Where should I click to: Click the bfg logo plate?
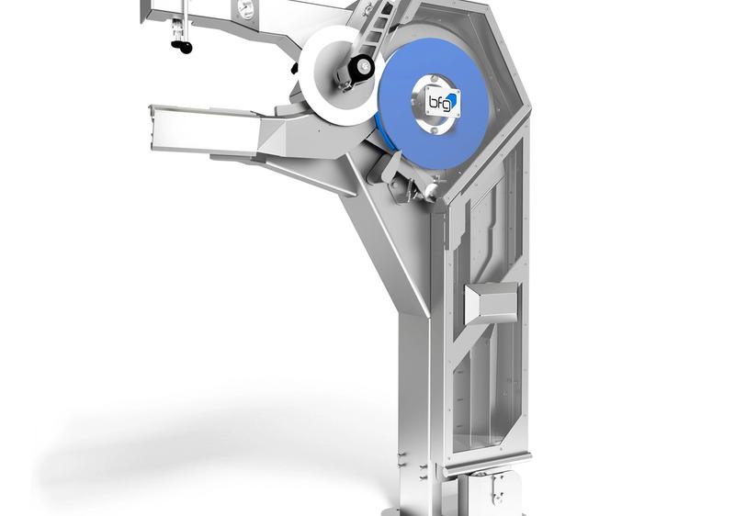[x=443, y=102]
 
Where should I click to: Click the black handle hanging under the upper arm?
[x=182, y=46]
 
